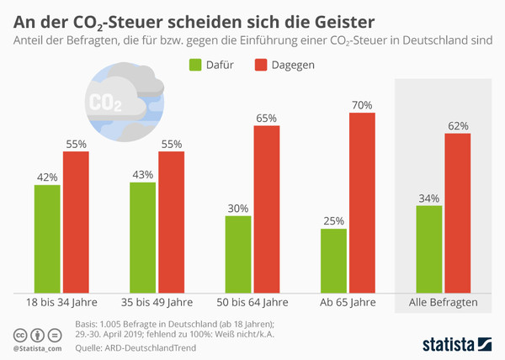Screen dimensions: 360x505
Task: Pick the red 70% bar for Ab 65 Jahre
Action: [x=362, y=202]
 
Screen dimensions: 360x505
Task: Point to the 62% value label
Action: [x=458, y=126]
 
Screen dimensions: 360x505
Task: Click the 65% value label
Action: [x=267, y=119]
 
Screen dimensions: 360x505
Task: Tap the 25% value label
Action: [x=333, y=221]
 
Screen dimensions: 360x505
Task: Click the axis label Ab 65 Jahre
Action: [x=348, y=302]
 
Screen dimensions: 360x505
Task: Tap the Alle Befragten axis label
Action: [x=444, y=302]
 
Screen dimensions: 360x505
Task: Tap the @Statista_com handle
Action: [x=38, y=347]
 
